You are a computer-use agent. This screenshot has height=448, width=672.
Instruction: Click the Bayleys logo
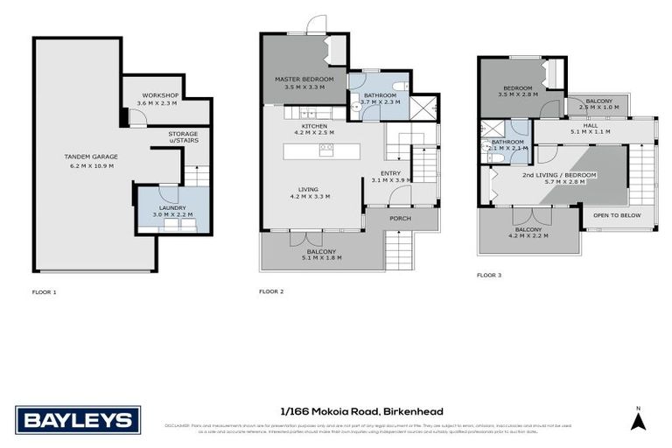pyautogui.click(x=77, y=420)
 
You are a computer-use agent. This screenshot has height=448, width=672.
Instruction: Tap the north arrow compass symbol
pyautogui.click(x=638, y=420)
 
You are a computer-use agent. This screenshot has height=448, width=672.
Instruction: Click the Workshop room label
pyautogui.click(x=160, y=94)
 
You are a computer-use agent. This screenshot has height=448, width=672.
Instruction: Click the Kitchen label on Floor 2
pyautogui.click(x=314, y=126)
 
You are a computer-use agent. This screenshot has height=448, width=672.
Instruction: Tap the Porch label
pyautogui.click(x=402, y=219)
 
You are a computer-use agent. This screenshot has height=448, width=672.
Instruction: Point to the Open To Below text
pyautogui.click(x=617, y=214)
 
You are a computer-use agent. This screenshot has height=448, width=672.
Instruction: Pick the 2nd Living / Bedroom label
pyautogui.click(x=559, y=175)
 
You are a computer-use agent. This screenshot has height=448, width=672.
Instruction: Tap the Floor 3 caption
pyautogui.click(x=489, y=275)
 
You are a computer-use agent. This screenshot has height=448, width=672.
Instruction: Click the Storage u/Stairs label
pyautogui.click(x=183, y=137)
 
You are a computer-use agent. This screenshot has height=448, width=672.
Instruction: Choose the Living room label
pyautogui.click(x=308, y=188)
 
